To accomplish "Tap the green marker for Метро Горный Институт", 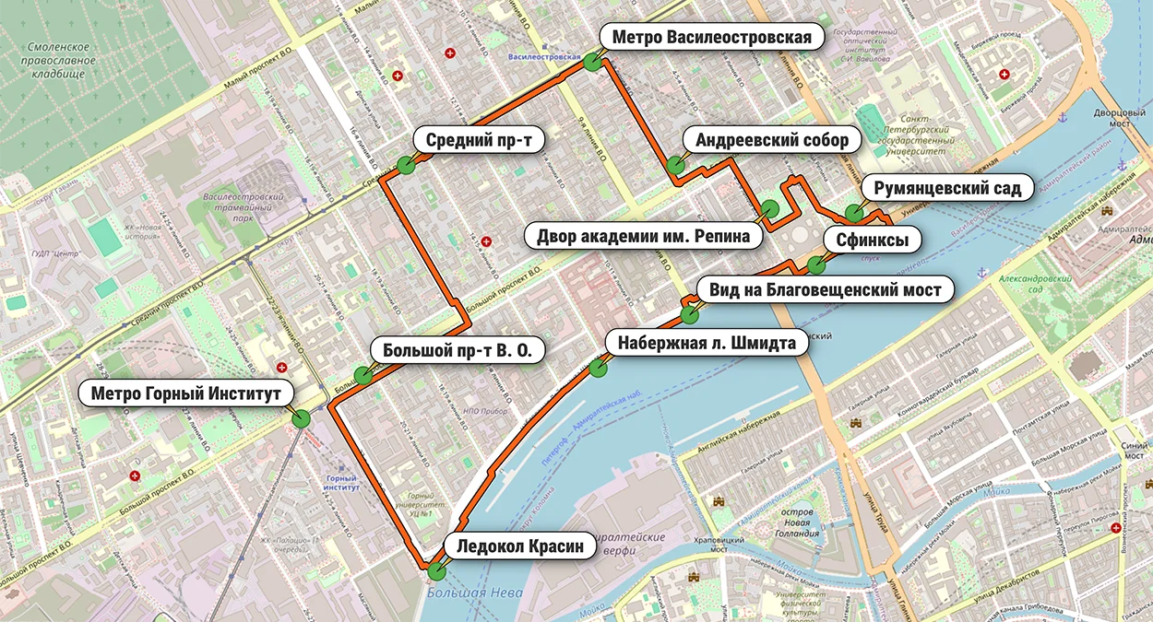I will click(x=301, y=418).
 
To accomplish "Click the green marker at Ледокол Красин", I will click(x=435, y=570).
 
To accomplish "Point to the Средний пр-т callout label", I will click(x=480, y=140).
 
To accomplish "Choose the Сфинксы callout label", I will click(x=872, y=241).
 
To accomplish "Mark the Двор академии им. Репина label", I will click(x=649, y=236).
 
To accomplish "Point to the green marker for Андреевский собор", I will click(x=675, y=166).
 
